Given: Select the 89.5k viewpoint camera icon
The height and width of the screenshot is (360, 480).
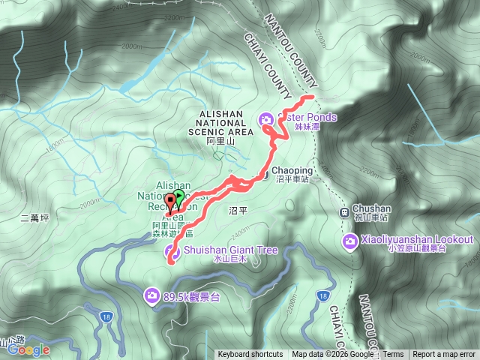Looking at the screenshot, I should coord(153,296).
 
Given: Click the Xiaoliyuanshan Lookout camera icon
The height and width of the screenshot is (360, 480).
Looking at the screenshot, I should coord(349,241).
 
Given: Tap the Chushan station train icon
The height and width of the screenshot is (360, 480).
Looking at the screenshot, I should coord(345,211).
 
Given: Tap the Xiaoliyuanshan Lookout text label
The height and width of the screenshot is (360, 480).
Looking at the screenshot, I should coord(418,240).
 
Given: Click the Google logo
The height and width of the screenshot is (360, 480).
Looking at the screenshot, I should coord(28,349).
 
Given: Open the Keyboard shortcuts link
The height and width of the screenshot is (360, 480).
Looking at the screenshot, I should coord(250,355).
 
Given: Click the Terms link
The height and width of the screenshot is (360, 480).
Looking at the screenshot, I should coord(393,355).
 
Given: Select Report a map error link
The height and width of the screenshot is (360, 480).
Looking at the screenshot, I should coord(445,355).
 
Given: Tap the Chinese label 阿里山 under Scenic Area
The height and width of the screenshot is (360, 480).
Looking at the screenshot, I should coord(221,141).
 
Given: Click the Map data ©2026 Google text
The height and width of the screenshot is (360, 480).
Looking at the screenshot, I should coord(332,355).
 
